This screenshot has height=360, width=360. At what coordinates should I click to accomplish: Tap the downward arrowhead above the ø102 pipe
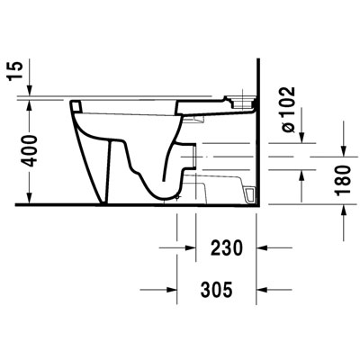301,140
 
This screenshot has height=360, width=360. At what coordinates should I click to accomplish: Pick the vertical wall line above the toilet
258,76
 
